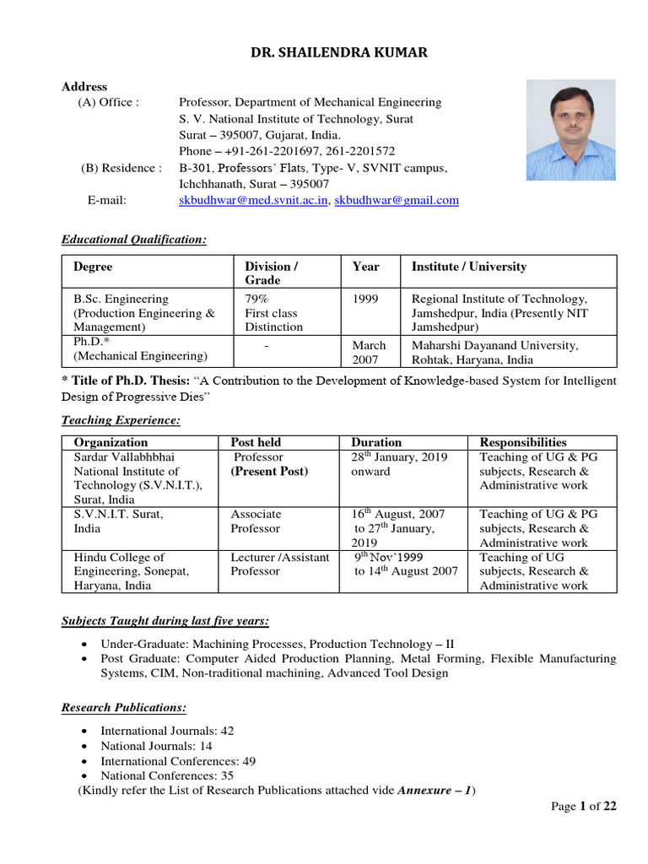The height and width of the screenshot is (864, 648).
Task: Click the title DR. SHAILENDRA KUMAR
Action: (338, 52)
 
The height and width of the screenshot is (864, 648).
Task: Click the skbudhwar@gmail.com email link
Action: (397, 200)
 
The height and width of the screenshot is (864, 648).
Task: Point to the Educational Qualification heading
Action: (134, 240)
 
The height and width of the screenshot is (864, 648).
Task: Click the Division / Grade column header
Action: (272, 273)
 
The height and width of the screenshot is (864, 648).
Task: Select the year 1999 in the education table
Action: (365, 299)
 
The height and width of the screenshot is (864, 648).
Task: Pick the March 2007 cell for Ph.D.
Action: (369, 352)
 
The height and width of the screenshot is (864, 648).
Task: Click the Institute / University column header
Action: (468, 267)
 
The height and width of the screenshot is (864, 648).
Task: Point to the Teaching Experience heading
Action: (121, 420)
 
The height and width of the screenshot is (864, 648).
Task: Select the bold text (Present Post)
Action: (269, 471)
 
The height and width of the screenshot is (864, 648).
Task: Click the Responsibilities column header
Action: (523, 442)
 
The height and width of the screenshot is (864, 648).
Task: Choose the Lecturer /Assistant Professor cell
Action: (280, 564)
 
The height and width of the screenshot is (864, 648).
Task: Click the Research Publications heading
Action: (124, 707)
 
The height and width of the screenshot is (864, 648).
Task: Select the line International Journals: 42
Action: (167, 730)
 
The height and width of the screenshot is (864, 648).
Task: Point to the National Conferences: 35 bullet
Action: (167, 775)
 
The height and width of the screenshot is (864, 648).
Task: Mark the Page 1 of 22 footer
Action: (584, 807)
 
